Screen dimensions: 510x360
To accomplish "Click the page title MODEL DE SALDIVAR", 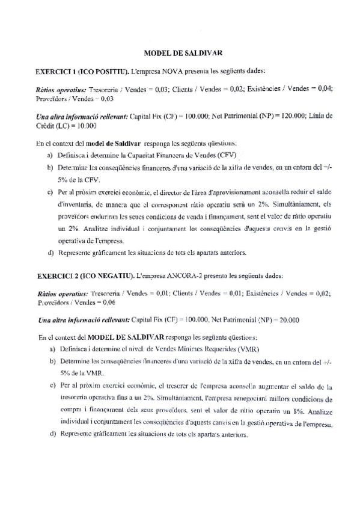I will (x=180, y=53).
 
